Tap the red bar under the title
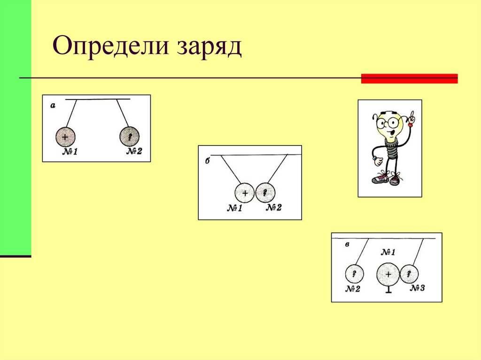pyautogui.click(x=409, y=78)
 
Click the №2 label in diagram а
pyautogui.click(x=134, y=152)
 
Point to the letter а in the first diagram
pyautogui.click(x=53, y=106)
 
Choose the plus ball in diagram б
pyautogui.click(x=244, y=192)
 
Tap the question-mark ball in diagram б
pyautogui.click(x=265, y=192)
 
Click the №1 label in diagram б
pyautogui.click(x=234, y=208)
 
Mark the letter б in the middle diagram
pyautogui.click(x=207, y=160)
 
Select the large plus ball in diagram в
pyautogui.click(x=388, y=274)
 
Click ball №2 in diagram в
pyautogui.click(x=354, y=274)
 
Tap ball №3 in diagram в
pyautogui.click(x=409, y=274)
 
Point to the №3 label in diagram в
pyautogui.click(x=417, y=288)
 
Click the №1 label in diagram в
pyautogui.click(x=388, y=253)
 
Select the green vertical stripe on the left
pyautogui.click(x=16, y=127)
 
